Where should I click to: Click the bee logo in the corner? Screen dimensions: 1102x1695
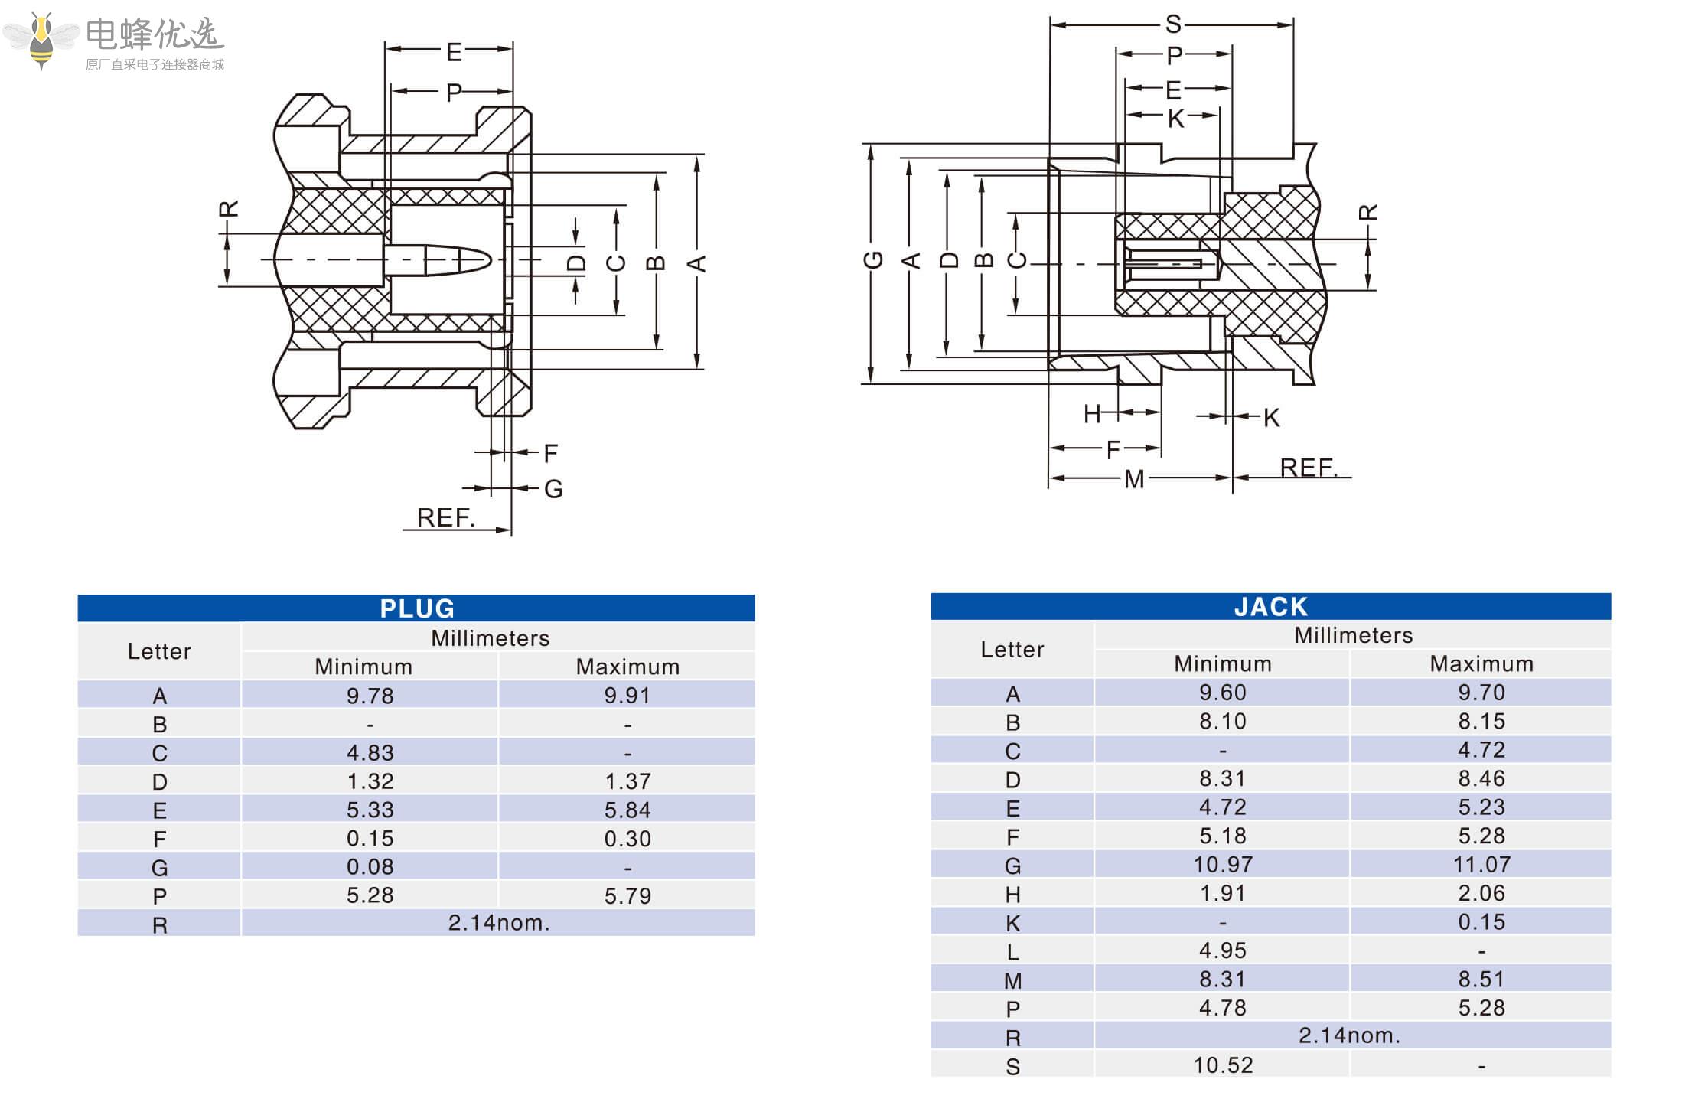click(x=41, y=41)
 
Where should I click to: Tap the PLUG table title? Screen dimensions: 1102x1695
click(x=417, y=608)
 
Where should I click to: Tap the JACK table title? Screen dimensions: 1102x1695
click(x=1271, y=607)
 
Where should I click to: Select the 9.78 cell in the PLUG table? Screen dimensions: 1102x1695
click(x=370, y=696)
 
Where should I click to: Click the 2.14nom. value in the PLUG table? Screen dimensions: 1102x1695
click(x=499, y=923)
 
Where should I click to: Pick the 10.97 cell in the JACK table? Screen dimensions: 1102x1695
click(x=1222, y=865)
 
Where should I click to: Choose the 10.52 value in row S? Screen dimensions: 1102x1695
click(x=1222, y=1065)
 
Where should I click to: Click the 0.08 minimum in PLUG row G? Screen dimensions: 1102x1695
click(x=370, y=867)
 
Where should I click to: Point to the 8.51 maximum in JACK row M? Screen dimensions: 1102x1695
click(x=1481, y=980)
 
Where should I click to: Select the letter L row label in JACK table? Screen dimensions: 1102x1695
click(x=1012, y=952)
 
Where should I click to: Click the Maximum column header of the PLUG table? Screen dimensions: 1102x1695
click(x=627, y=667)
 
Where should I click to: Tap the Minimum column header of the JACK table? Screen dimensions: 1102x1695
click(x=1222, y=663)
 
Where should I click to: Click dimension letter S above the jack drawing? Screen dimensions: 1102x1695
click(x=1172, y=24)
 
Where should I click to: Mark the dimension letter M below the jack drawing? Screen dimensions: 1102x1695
click(x=1133, y=480)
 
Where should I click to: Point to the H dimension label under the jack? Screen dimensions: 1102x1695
click(x=1092, y=414)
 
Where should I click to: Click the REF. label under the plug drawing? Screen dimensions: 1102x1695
click(x=445, y=518)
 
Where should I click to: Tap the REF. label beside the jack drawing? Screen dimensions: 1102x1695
click(x=1309, y=468)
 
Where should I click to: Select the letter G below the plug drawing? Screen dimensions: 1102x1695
click(x=553, y=489)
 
